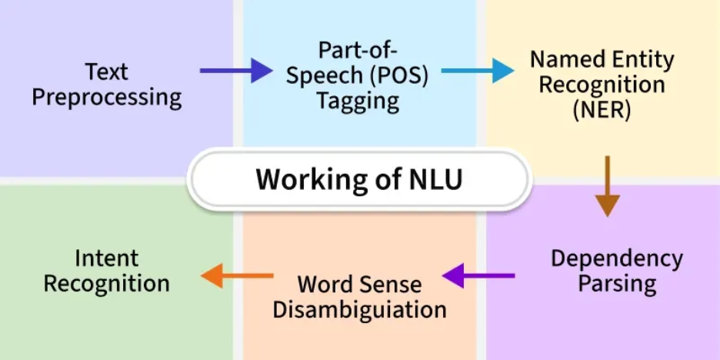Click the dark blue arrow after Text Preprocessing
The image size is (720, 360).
click(x=236, y=71)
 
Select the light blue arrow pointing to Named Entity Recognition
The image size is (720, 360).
click(x=478, y=71)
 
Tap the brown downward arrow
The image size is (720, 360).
click(x=608, y=186)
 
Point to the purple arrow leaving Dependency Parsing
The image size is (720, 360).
click(x=478, y=275)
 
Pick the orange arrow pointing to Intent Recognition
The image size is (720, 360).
click(x=237, y=275)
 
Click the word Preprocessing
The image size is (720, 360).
click(x=106, y=98)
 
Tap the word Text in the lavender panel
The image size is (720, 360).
click(x=106, y=72)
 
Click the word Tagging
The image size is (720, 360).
click(x=358, y=102)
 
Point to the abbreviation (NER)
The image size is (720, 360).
click(x=602, y=111)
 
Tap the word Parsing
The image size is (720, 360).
click(x=617, y=285)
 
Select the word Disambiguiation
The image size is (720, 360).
click(x=359, y=310)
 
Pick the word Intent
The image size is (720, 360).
click(x=106, y=258)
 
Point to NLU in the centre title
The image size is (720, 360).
click(x=435, y=179)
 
